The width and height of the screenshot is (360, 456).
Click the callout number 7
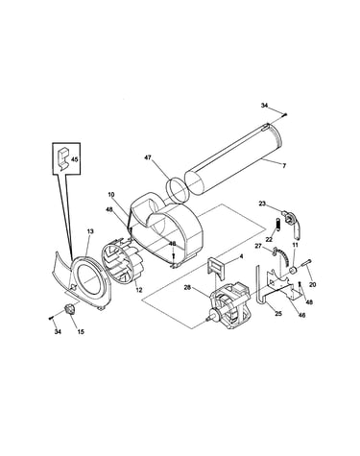pos(284,165)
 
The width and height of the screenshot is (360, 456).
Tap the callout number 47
pos(148,157)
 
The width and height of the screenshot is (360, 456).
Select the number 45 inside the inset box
pos(74,158)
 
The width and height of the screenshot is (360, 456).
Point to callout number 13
pos(90,231)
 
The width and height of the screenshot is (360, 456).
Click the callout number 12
pos(138,290)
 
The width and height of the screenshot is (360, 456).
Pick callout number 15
pos(81,332)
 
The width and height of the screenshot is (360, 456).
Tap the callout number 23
pos(262,204)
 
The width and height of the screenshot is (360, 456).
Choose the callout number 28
pos(187,288)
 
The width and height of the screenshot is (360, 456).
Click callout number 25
pos(278,314)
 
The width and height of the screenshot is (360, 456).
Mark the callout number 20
pos(313,284)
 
